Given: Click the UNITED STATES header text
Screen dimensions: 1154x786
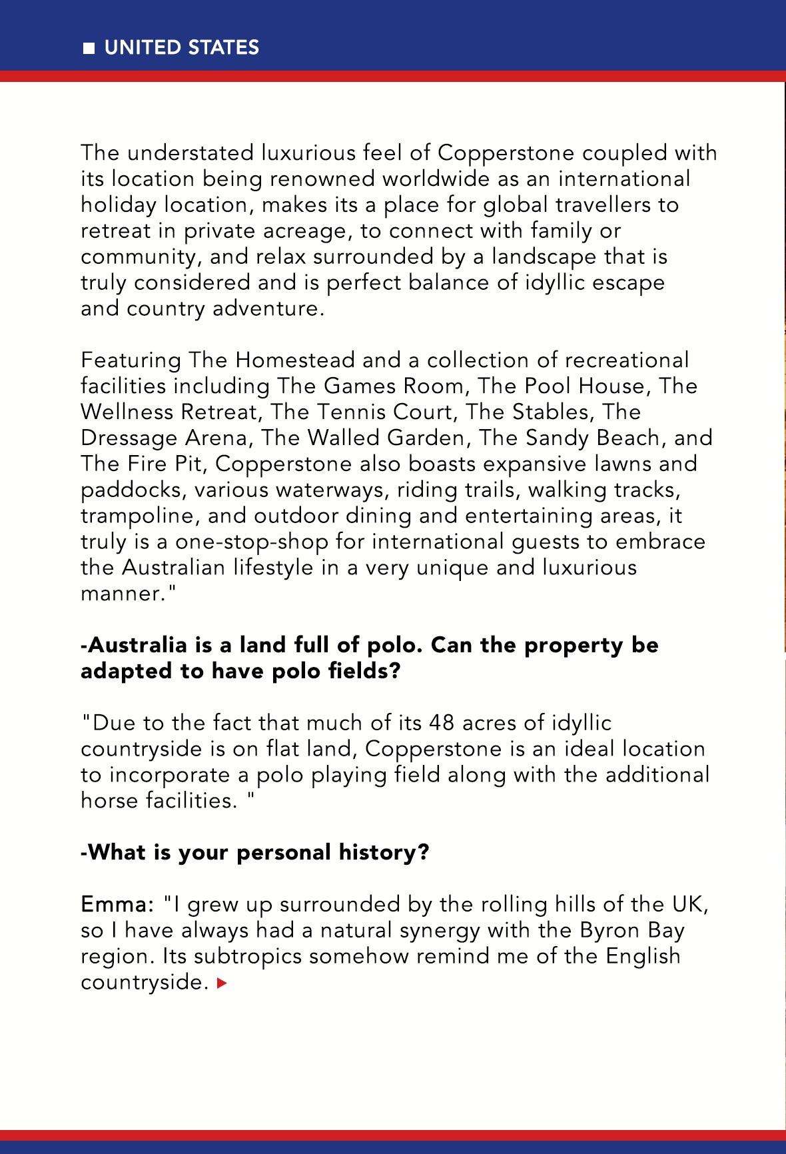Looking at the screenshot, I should point(181,47).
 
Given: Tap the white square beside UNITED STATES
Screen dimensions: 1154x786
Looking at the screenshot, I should point(89,48).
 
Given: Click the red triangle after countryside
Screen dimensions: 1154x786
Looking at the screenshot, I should point(222,982).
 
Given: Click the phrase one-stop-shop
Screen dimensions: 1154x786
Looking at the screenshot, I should point(252,542).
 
